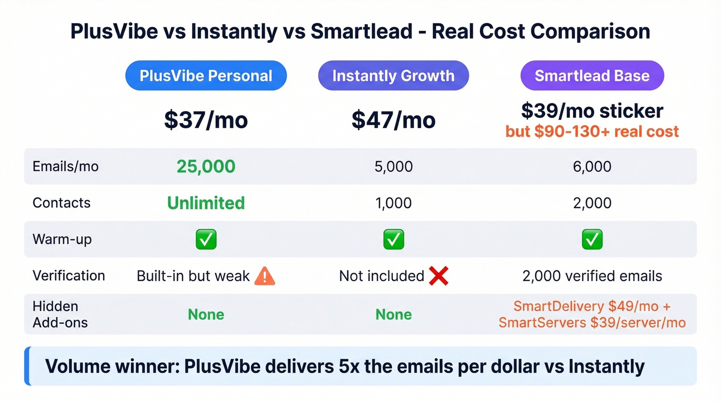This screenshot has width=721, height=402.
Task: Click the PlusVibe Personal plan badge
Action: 205,76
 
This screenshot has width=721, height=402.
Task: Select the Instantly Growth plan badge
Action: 393,76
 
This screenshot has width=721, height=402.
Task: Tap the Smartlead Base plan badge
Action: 592,76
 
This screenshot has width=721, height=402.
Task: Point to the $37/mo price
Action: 205,120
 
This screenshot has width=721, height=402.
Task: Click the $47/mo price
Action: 393,120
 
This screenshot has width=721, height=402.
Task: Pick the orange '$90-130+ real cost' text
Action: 592,131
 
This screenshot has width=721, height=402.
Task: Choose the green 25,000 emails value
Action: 205,166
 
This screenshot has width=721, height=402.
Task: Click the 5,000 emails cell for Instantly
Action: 393,166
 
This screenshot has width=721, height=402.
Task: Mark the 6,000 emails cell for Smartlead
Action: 592,166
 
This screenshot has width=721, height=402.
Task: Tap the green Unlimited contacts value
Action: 205,203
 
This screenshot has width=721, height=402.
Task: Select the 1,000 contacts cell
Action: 393,203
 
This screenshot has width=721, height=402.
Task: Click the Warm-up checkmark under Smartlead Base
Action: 592,239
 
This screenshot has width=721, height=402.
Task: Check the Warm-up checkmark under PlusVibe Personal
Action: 205,239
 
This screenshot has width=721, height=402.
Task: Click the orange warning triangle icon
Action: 265,276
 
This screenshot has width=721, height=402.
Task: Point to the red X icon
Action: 438,276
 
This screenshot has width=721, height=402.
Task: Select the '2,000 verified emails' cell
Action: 592,276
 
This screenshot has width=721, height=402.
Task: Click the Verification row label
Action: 68,275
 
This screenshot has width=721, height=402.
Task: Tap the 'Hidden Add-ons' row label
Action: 60,314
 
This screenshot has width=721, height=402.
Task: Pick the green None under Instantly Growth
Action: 393,314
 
